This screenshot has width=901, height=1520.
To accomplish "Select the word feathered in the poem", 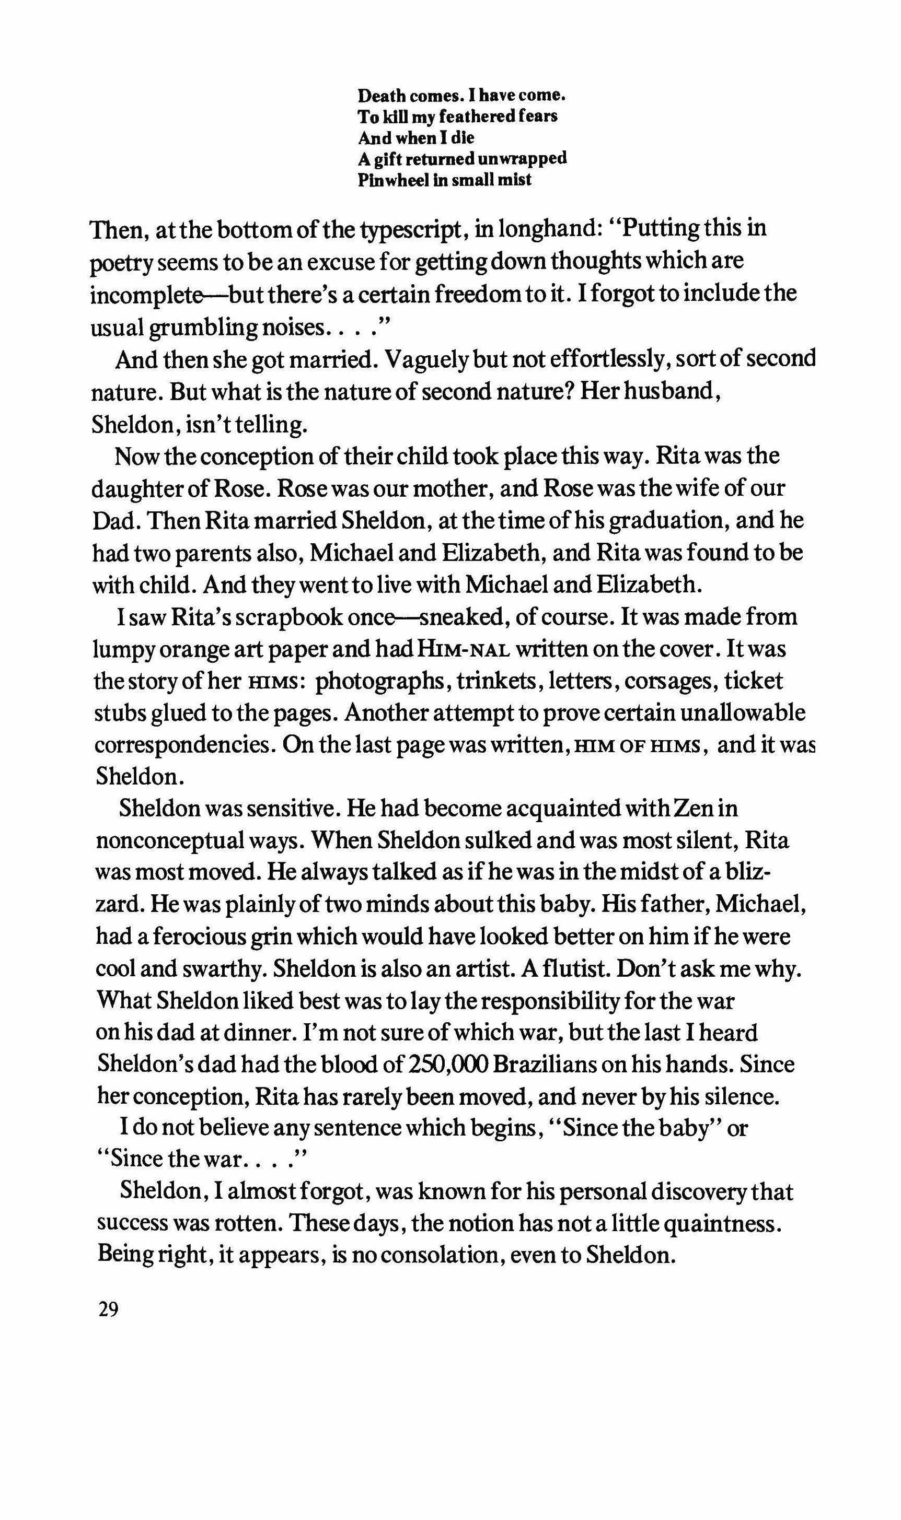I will pyautogui.click(x=478, y=116).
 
